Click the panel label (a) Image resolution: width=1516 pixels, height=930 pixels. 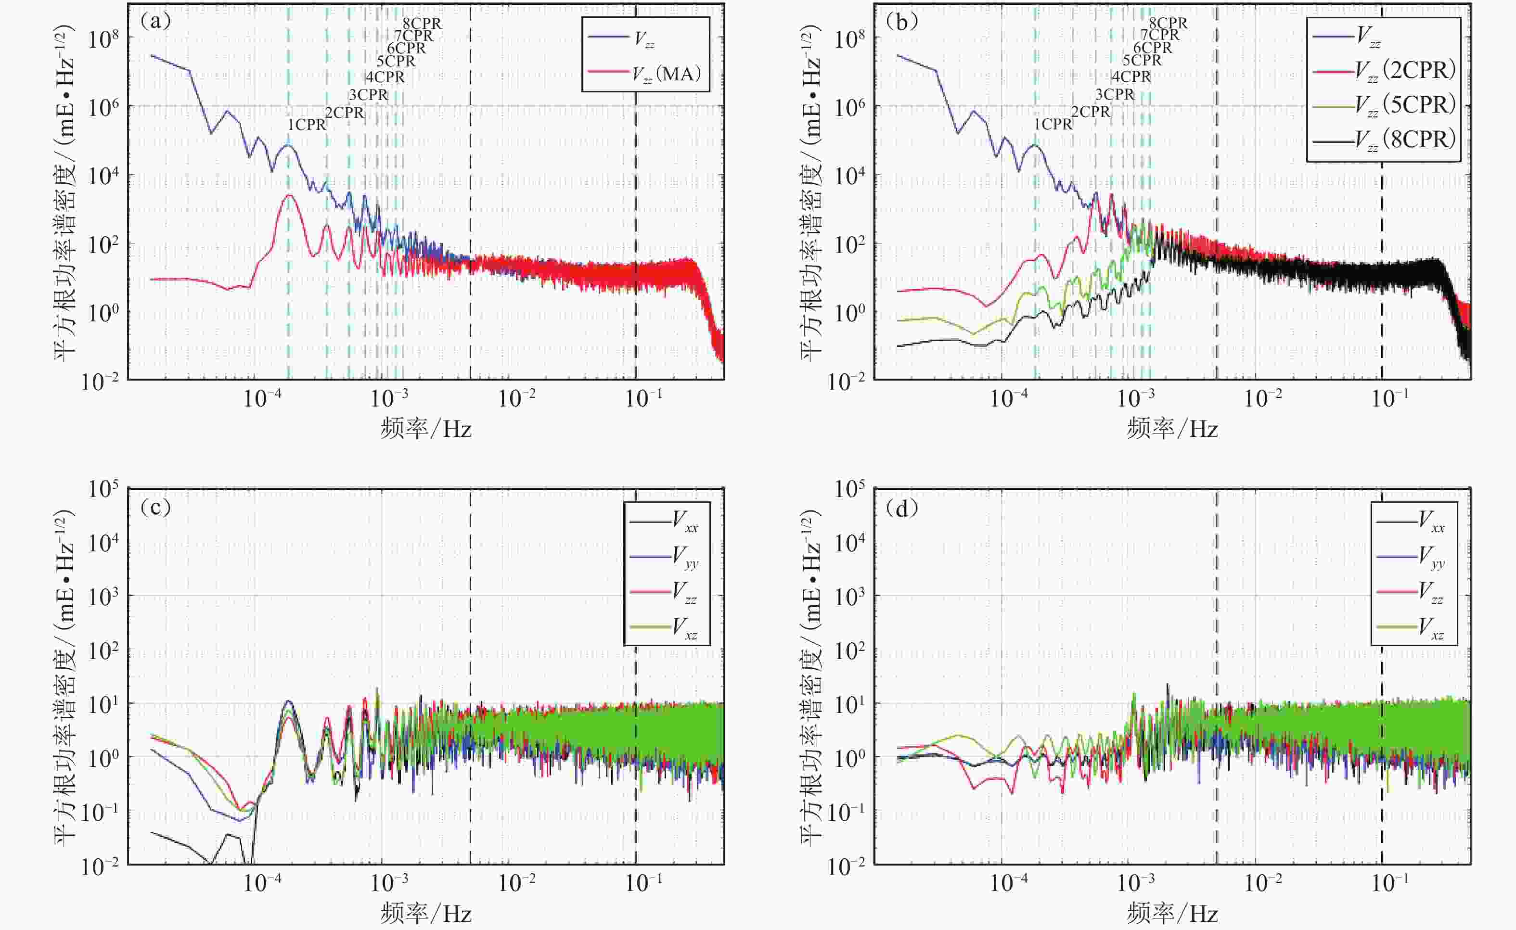point(155,22)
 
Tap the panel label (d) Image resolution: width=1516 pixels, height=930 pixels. point(901,508)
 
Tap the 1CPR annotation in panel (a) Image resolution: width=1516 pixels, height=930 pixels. point(307,125)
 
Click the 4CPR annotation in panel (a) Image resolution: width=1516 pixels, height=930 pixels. point(385,77)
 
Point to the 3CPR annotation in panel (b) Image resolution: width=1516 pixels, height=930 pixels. point(1114,95)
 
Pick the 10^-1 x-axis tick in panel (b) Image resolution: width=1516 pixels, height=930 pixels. point(1390,398)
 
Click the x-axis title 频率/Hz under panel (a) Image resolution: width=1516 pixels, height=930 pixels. point(426,428)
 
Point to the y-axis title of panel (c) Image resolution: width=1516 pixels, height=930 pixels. point(65,676)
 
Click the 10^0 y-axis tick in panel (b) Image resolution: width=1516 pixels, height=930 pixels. point(849,312)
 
